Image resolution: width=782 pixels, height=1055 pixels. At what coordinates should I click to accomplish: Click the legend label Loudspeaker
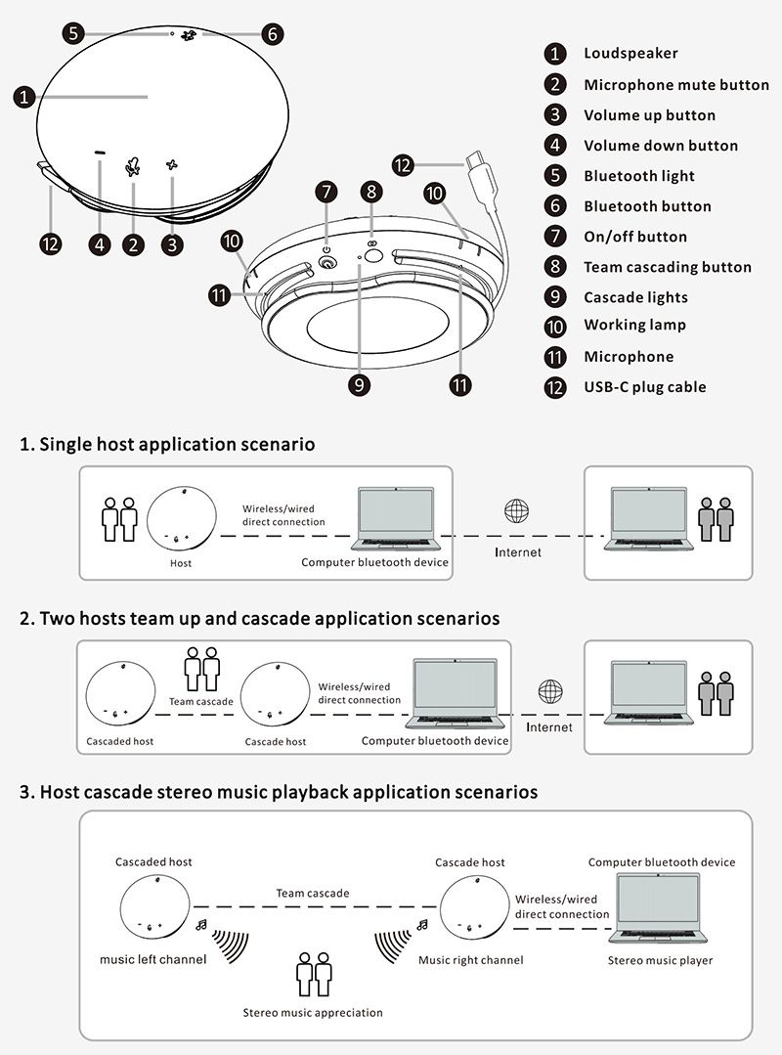pyautogui.click(x=630, y=53)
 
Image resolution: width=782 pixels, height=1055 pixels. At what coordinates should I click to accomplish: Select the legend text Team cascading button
pyautogui.click(x=668, y=267)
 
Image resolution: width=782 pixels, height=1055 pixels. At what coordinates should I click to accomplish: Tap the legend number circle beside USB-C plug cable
pyautogui.click(x=555, y=387)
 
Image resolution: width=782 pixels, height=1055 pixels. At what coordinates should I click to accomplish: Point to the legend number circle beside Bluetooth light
pyautogui.click(x=555, y=176)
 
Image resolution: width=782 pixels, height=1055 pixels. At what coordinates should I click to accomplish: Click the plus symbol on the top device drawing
pyautogui.click(x=173, y=165)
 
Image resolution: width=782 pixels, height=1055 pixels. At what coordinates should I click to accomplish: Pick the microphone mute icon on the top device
pyautogui.click(x=133, y=167)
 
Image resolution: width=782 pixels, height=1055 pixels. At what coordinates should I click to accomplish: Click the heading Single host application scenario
pyautogui.click(x=167, y=444)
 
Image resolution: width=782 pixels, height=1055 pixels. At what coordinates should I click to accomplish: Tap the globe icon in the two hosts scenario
pyautogui.click(x=550, y=692)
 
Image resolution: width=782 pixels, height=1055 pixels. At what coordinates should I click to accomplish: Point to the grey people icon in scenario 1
pyautogui.click(x=717, y=519)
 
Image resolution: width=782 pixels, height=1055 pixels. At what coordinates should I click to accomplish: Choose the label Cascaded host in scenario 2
pyautogui.click(x=120, y=741)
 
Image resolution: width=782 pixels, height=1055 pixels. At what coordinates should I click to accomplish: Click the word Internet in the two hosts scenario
pyautogui.click(x=549, y=727)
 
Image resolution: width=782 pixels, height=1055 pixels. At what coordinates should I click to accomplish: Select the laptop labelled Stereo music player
pyautogui.click(x=661, y=910)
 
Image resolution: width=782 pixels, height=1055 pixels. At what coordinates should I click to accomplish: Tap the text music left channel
pyautogui.click(x=153, y=959)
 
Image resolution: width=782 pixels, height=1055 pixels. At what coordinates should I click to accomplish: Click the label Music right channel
pyautogui.click(x=471, y=960)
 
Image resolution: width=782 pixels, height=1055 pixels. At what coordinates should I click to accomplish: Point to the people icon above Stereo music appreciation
pyautogui.click(x=314, y=974)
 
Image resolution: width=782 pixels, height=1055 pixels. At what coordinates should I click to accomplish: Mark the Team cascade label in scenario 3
pyautogui.click(x=313, y=893)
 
